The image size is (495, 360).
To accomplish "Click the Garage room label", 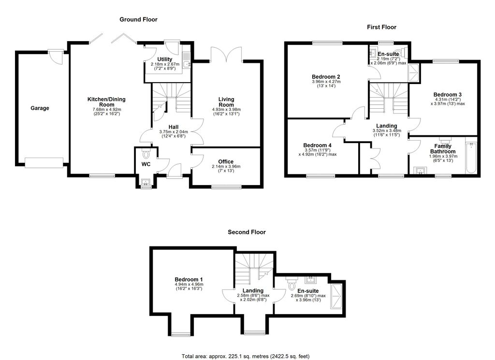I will (x=40, y=108).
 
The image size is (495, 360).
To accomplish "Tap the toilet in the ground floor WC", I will (x=146, y=155).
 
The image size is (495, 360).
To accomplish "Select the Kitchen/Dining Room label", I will (x=106, y=102).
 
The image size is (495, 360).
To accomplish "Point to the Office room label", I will (x=226, y=162).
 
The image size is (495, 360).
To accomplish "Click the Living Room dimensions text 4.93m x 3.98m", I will (x=226, y=110).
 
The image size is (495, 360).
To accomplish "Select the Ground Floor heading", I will (x=139, y=19).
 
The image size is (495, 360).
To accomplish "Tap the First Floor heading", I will (x=381, y=27).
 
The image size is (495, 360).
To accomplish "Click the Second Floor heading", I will (x=247, y=232).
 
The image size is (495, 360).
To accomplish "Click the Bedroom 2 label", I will (x=326, y=77).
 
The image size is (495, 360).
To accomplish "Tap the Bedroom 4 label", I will (x=317, y=145).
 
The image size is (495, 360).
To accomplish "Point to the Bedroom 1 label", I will (x=189, y=279).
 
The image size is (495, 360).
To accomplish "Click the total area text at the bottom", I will (x=245, y=356).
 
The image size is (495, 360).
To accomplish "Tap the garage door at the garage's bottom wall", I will (x=44, y=163).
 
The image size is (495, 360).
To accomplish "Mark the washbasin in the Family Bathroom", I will (x=420, y=170).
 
